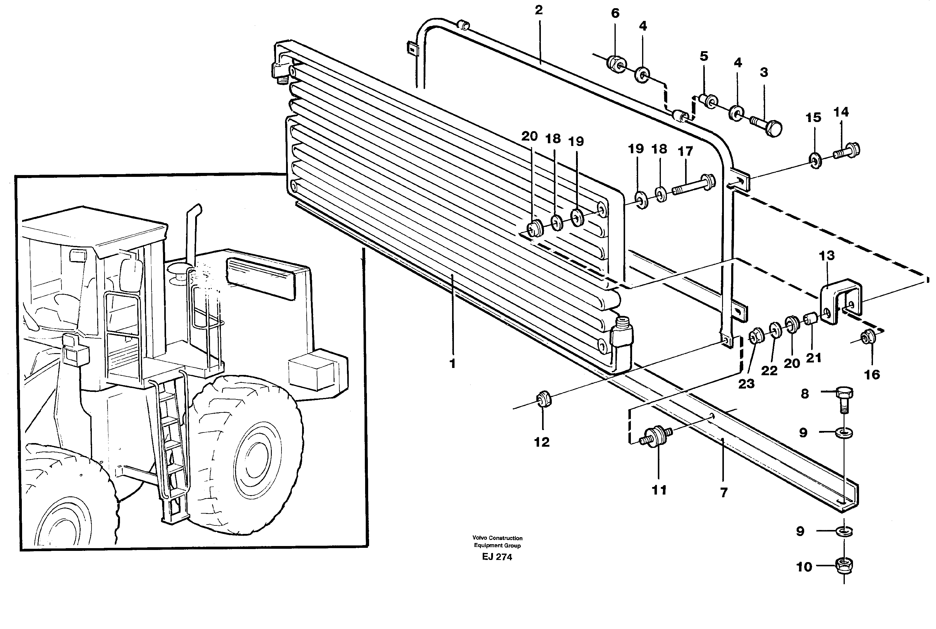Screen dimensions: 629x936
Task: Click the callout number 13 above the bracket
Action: click(826, 256)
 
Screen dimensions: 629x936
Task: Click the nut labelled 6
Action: click(616, 63)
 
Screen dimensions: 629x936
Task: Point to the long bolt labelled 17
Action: click(690, 185)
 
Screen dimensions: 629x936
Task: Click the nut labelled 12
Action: click(544, 399)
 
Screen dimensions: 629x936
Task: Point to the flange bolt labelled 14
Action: click(847, 151)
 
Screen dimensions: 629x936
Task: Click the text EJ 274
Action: click(497, 557)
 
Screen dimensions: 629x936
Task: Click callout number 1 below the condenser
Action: click(452, 364)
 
